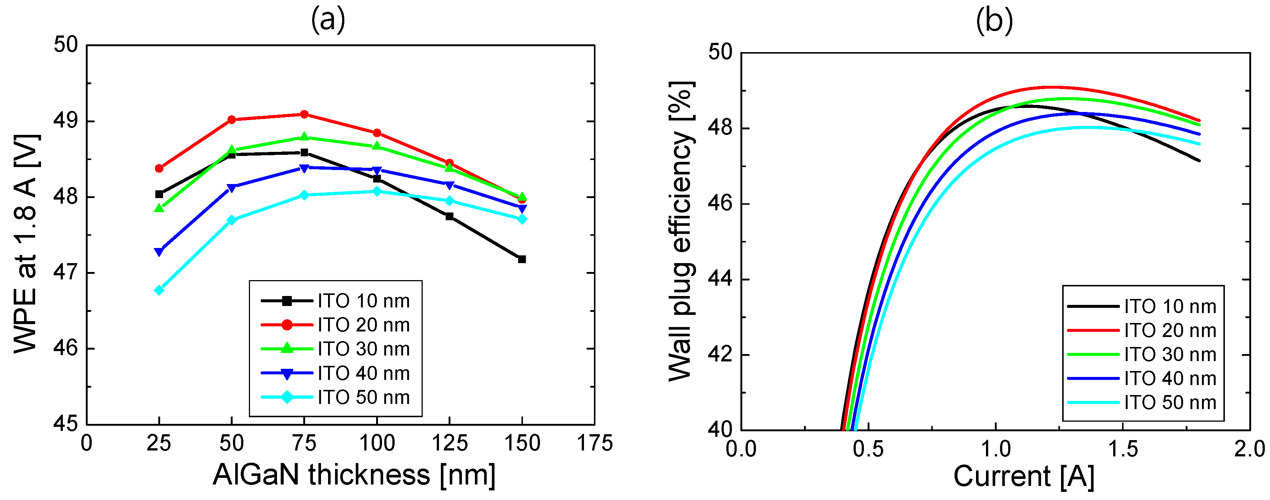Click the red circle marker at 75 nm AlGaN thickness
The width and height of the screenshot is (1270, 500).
[304, 114]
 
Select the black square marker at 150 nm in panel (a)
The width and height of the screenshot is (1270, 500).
[522, 259]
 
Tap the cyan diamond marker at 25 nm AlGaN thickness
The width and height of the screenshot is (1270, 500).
[159, 290]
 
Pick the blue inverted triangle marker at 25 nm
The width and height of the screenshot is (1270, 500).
[159, 252]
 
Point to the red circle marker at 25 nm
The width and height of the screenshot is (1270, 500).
[159, 169]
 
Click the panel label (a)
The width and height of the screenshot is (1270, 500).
[328, 21]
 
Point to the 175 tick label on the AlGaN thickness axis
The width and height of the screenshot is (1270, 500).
[595, 443]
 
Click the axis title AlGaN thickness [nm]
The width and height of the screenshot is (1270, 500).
[354, 475]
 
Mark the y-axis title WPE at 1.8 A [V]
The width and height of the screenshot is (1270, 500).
[26, 244]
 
